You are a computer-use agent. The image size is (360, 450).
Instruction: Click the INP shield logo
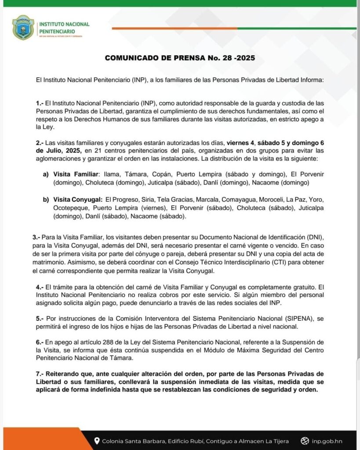click(x=23, y=27)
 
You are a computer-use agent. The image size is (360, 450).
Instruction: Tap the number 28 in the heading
click(x=228, y=58)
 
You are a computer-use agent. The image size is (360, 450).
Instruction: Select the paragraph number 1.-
click(x=40, y=103)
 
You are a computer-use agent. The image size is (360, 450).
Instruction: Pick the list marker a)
click(x=46, y=174)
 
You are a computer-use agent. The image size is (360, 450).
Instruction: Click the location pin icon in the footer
click(x=97, y=441)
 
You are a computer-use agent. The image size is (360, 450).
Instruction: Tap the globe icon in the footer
click(x=305, y=441)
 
